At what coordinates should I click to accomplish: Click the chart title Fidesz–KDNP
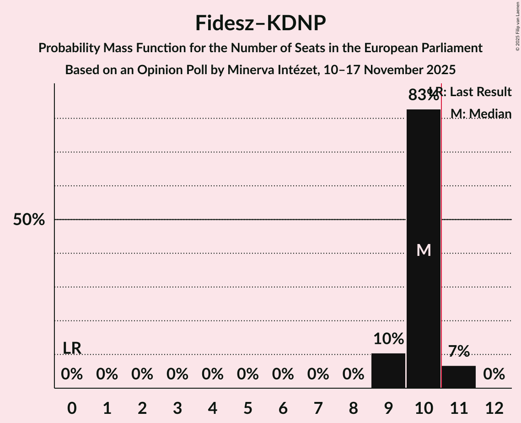click(260, 23)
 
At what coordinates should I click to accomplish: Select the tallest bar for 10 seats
click(424, 248)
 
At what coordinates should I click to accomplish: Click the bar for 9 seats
click(388, 370)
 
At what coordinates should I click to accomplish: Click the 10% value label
click(388, 339)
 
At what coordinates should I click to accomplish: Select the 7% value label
click(459, 351)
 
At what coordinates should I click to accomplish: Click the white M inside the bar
click(424, 250)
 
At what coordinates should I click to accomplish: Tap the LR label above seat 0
click(72, 348)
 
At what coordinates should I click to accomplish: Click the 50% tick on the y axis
click(29, 220)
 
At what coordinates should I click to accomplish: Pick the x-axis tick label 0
click(72, 408)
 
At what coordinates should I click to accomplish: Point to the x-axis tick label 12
click(494, 408)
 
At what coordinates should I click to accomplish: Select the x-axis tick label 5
click(248, 408)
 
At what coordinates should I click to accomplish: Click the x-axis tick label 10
click(424, 408)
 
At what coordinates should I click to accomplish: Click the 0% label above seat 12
click(494, 374)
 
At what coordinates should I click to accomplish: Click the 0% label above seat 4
click(213, 374)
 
